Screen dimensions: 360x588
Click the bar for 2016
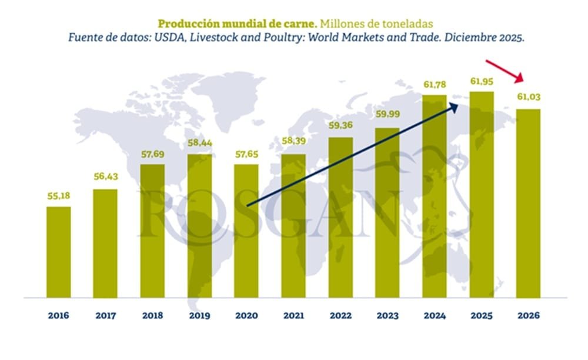point(59,252)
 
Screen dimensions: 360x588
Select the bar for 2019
point(199,226)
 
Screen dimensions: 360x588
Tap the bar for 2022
point(340,218)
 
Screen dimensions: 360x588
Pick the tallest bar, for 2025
point(481,194)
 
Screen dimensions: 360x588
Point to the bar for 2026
point(528,203)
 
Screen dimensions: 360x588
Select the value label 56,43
point(106,178)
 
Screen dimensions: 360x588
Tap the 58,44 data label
point(199,143)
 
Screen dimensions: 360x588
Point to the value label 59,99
point(387,115)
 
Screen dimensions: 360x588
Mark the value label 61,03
point(528,98)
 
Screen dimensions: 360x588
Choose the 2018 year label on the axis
point(153,315)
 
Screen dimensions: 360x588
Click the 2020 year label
point(246,315)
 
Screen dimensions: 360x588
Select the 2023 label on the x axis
point(387,315)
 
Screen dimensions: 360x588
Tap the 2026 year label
point(528,315)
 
